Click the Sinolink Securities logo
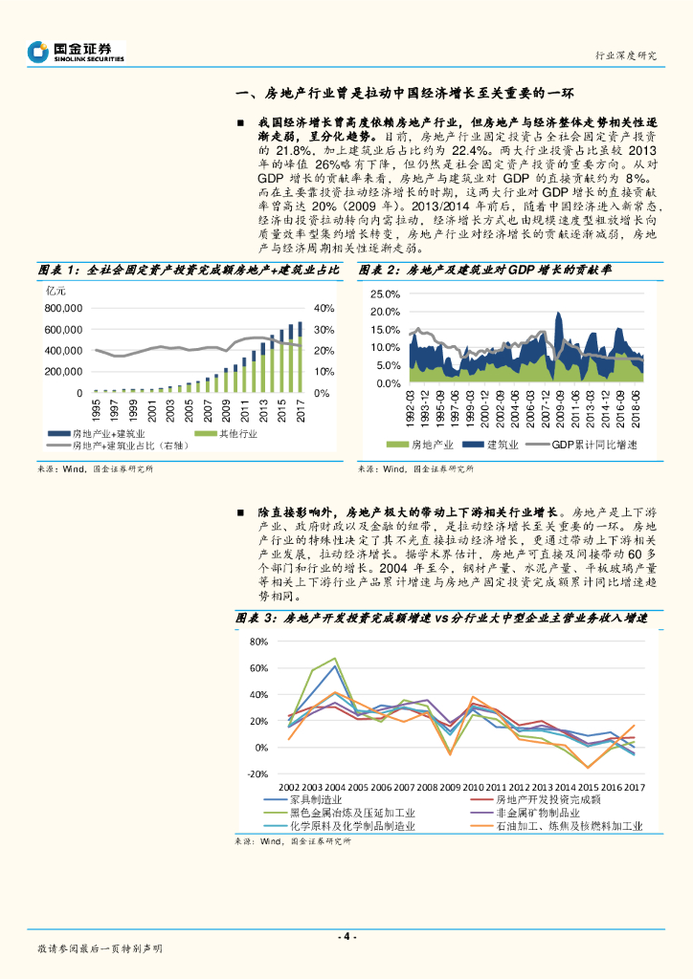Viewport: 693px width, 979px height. click(x=77, y=51)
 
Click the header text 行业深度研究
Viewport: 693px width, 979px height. click(x=626, y=55)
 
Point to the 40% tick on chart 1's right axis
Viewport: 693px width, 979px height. click(x=323, y=309)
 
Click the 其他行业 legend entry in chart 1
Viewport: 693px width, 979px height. click(x=233, y=434)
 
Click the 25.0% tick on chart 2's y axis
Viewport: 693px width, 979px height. click(x=384, y=294)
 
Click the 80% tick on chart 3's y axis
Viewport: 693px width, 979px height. click(x=257, y=642)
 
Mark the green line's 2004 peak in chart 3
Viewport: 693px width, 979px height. click(x=335, y=659)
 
